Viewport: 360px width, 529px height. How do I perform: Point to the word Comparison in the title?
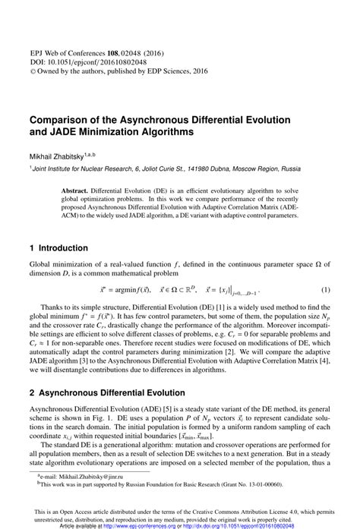pos(62,119)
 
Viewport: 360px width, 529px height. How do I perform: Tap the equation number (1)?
pos(326,291)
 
